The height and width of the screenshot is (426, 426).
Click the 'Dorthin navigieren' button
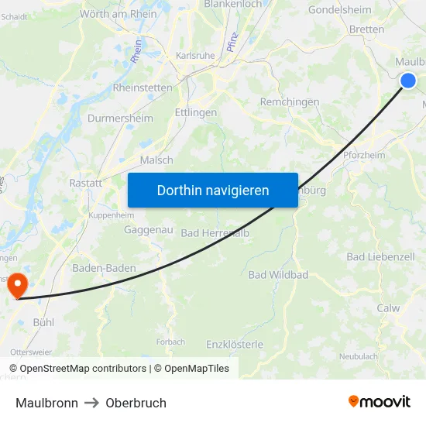(x=213, y=190)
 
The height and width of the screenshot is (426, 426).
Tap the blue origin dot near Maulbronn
(x=408, y=80)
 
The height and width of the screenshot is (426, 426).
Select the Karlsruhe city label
(x=195, y=56)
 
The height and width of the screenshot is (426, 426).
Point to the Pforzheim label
(x=363, y=155)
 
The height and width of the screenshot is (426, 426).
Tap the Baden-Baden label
(x=104, y=268)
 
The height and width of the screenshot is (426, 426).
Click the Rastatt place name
(x=86, y=183)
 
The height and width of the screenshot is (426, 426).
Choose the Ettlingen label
(x=196, y=112)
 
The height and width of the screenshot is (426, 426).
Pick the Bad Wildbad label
(x=278, y=275)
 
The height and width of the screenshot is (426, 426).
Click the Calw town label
(x=388, y=308)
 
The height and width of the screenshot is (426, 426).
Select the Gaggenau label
(x=148, y=231)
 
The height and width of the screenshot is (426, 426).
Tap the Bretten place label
(x=366, y=29)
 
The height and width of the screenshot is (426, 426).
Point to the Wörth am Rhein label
(x=119, y=13)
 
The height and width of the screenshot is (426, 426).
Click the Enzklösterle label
(x=235, y=344)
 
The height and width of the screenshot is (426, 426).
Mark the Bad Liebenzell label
(x=380, y=256)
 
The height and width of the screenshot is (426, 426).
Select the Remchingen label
(x=290, y=101)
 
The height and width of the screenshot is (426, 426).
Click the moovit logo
(x=379, y=402)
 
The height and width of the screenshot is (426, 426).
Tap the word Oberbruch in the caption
(x=136, y=403)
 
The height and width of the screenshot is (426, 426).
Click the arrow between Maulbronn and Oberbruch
(x=91, y=403)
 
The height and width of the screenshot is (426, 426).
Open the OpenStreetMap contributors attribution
(x=83, y=369)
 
